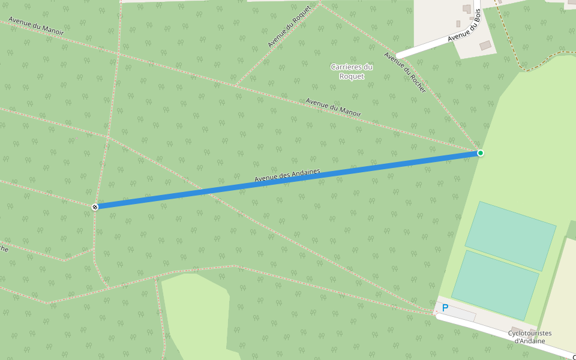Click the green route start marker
481,153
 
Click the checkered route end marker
95,207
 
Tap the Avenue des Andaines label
287,175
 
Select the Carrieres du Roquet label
352,71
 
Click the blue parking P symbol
445,308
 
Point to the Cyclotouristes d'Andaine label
530,337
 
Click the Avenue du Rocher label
405,72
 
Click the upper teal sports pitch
511,235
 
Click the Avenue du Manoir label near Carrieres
334,107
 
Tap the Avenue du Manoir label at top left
36,26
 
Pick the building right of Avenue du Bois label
485,46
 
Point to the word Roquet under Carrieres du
352,76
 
